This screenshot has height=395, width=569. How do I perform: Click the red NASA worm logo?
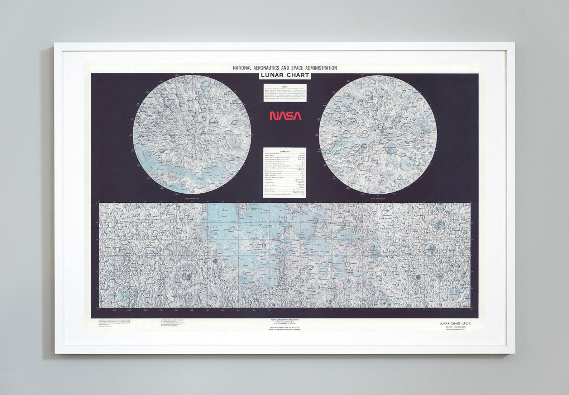285,115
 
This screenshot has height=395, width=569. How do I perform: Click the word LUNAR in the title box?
274,75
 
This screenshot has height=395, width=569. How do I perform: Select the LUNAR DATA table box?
285,172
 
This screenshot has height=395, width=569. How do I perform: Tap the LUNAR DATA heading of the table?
285,151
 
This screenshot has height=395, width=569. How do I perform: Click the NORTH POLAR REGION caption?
192,198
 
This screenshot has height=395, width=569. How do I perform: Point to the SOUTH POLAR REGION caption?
378,198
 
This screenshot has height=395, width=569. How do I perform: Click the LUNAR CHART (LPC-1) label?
455,324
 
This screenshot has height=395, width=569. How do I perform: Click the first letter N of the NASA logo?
273,116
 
